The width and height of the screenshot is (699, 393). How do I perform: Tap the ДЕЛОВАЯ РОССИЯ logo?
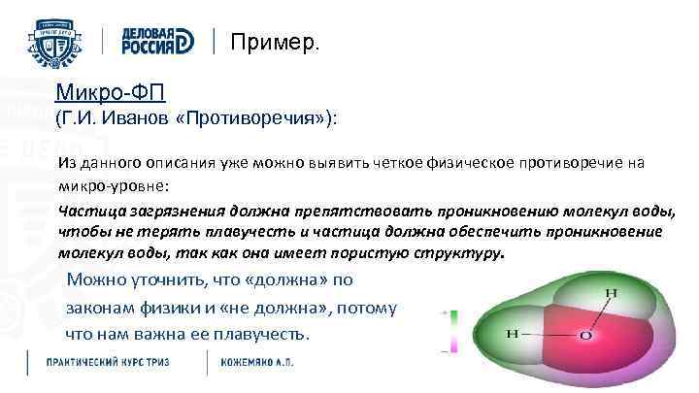(x=158, y=41)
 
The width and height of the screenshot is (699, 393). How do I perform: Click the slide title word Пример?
(x=274, y=43)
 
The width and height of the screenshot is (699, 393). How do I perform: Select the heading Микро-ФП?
(x=112, y=93)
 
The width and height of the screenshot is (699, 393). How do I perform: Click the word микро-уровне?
(x=102, y=182)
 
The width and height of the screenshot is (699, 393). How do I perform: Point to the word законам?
(x=98, y=309)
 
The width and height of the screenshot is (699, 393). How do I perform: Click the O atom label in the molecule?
(x=585, y=336)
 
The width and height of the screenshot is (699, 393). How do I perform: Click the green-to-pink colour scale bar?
(x=453, y=330)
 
